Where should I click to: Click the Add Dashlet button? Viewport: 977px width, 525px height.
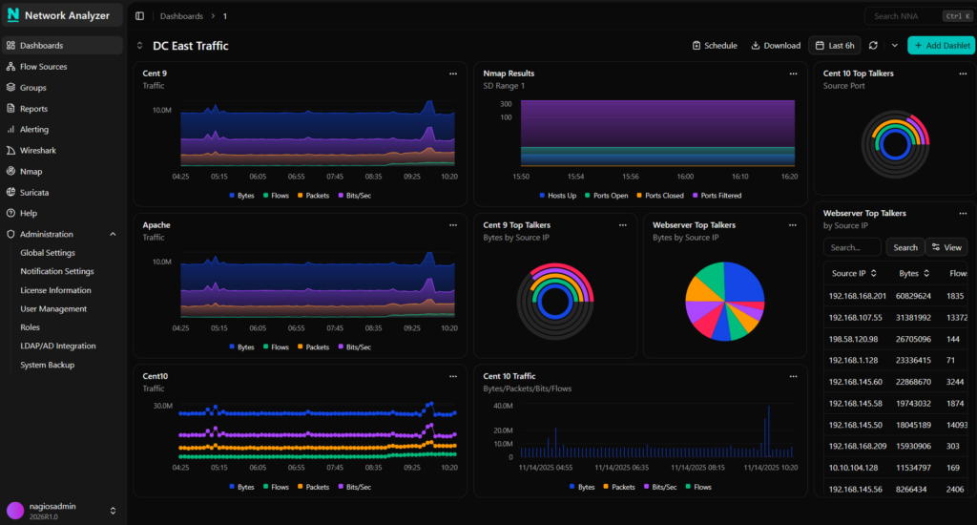point(941,45)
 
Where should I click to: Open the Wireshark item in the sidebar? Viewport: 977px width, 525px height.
point(38,151)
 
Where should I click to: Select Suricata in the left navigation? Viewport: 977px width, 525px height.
point(34,192)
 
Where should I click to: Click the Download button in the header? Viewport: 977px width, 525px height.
point(775,45)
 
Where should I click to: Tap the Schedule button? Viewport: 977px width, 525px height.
point(715,45)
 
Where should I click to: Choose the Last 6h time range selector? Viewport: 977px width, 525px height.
point(834,45)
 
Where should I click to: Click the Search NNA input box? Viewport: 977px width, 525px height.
point(902,16)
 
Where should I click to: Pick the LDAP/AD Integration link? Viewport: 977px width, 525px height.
point(58,346)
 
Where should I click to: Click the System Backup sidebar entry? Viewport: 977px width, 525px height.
point(47,365)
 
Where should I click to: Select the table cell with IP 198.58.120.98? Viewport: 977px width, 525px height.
point(853,339)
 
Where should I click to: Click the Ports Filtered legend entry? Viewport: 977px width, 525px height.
point(716,196)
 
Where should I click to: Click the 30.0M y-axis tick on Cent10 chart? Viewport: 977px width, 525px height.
point(162,406)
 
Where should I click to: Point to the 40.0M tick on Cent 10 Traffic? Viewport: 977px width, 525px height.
point(503,406)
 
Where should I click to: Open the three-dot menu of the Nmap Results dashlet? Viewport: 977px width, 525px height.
point(793,73)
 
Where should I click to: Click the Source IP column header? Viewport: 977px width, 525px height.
point(849,273)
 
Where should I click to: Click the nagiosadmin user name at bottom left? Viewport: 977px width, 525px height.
point(54,506)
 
